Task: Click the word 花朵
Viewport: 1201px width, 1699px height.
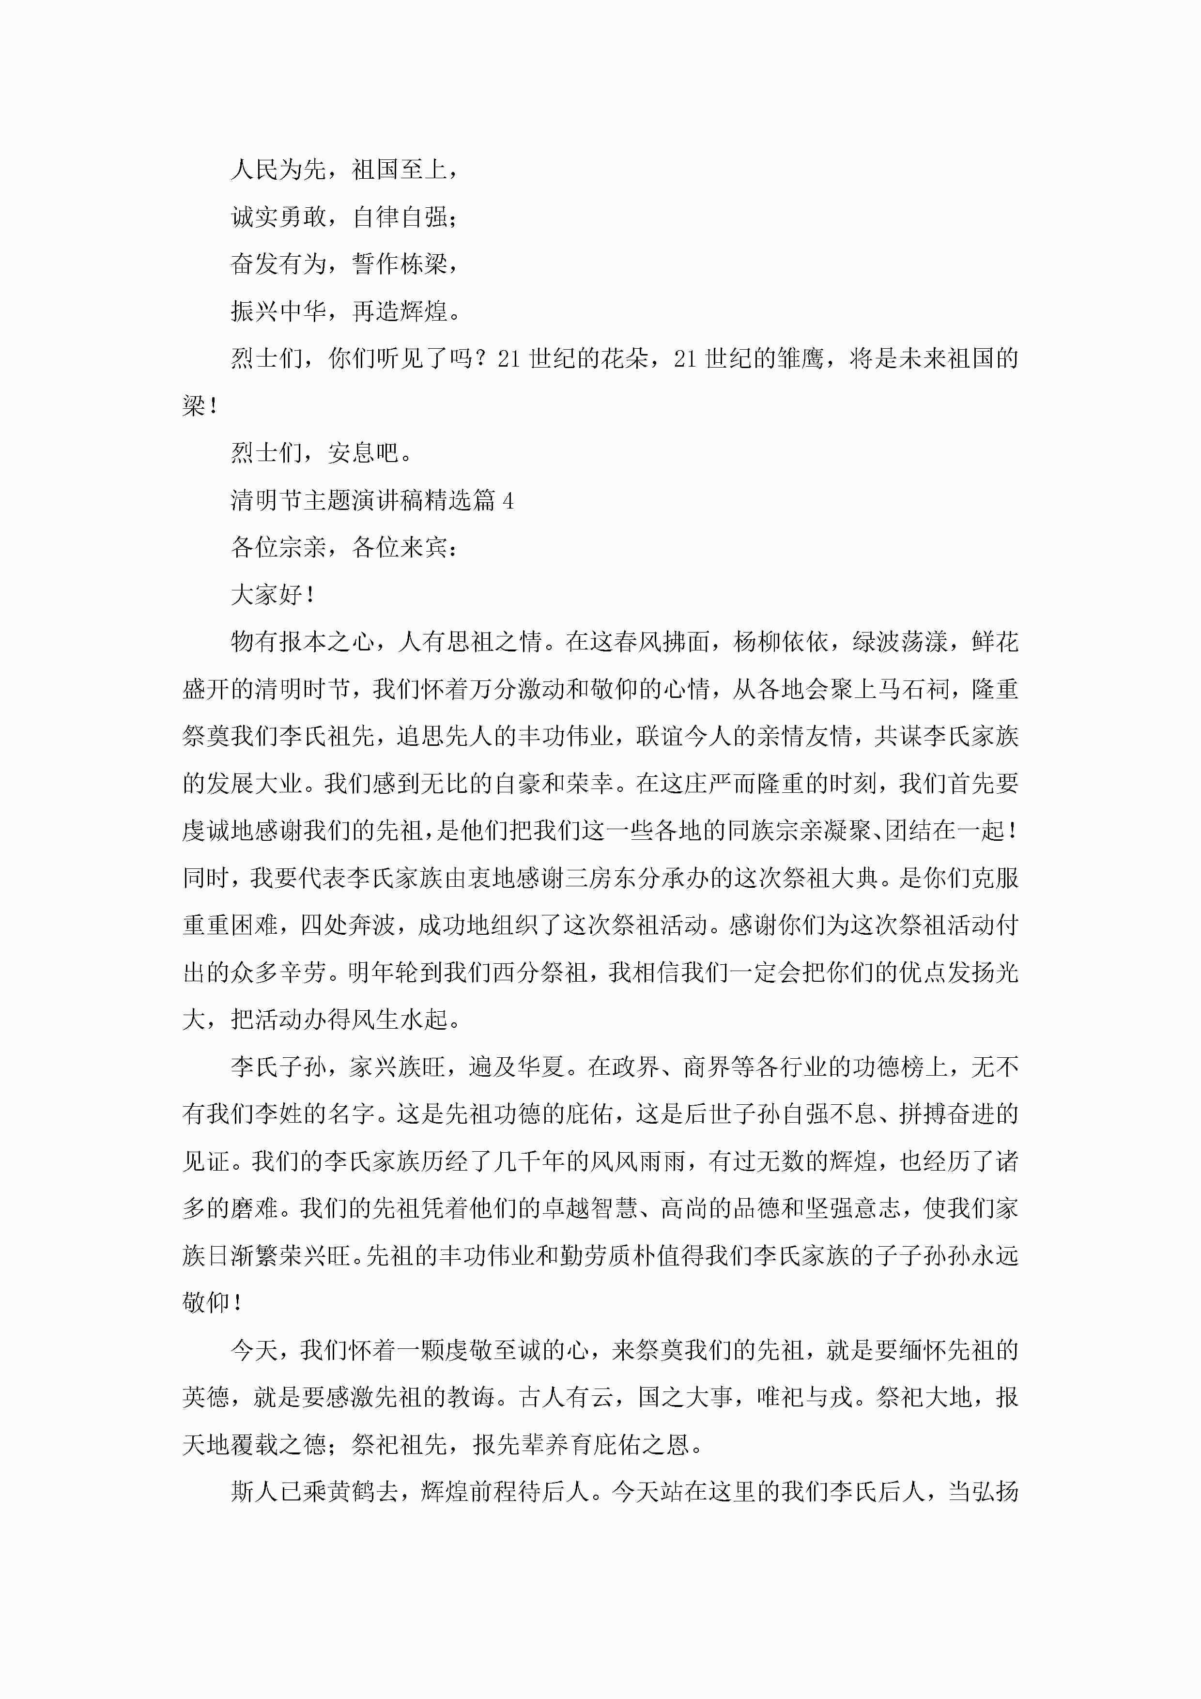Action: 625,359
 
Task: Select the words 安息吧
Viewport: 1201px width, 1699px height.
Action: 363,453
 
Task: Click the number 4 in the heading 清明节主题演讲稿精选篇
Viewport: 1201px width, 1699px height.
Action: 508,501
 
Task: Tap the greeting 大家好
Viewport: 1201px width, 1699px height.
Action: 266,595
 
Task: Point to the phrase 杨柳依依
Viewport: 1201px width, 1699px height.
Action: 782,642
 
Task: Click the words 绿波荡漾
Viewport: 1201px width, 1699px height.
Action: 900,642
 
